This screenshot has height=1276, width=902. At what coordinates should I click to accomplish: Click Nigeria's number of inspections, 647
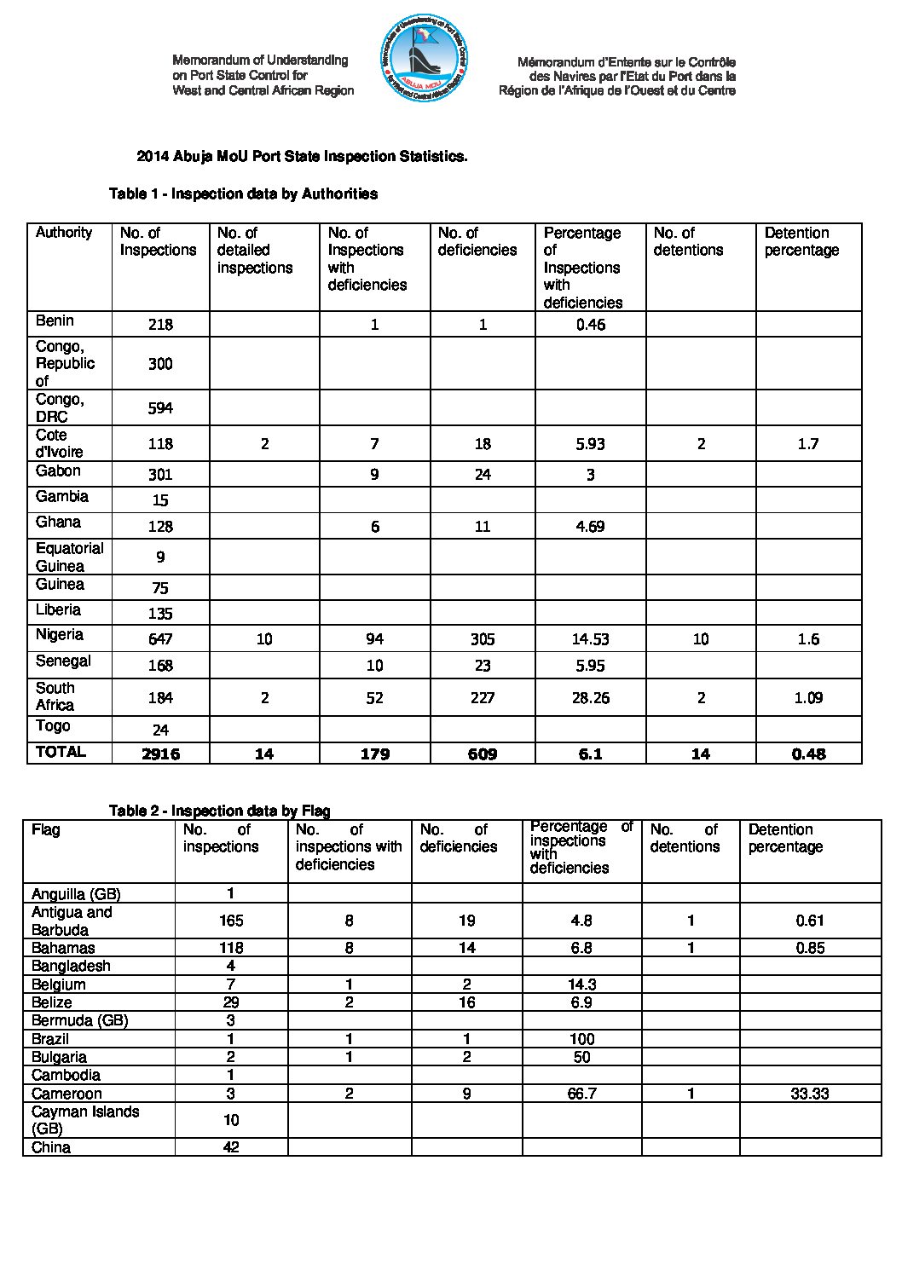coord(160,639)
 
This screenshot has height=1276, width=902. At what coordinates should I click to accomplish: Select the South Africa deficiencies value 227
coord(483,698)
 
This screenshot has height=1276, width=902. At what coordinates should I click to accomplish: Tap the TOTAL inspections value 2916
coord(160,753)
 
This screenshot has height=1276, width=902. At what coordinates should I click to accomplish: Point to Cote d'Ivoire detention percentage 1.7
coord(808,444)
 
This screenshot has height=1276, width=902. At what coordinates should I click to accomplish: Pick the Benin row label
coord(55,321)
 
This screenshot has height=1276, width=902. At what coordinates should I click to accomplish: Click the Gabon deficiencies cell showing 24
coord(483,475)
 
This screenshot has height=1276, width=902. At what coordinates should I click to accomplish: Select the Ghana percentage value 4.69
coord(590,527)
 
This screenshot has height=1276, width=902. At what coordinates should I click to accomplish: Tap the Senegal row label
coord(63,661)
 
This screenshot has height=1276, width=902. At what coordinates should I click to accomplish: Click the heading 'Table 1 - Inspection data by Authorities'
coord(243,194)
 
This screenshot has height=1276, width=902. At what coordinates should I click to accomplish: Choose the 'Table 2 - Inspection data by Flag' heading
coord(219,811)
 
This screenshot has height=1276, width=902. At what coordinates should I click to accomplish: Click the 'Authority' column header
coord(64,233)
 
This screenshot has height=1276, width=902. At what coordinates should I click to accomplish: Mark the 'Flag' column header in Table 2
coord(46,829)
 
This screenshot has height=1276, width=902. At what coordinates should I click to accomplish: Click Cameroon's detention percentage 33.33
coord(809,1094)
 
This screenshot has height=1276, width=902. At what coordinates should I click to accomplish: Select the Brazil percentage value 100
coord(581,1039)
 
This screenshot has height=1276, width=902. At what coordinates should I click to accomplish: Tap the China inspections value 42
coord(230,1147)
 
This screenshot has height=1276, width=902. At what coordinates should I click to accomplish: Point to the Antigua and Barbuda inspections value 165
coord(230,921)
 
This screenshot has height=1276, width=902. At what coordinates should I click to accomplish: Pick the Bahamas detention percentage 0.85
coord(809,948)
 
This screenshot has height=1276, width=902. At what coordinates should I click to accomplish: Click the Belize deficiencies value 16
coord(466,1002)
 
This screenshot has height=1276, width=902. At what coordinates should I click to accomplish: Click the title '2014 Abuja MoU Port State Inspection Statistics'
coord(302,157)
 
